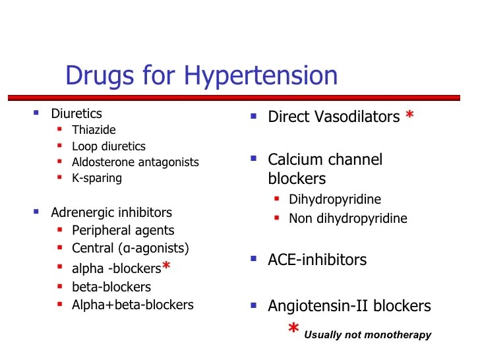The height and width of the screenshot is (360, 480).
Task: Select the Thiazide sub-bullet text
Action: tap(94, 130)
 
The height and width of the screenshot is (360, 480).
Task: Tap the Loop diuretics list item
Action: tap(109, 146)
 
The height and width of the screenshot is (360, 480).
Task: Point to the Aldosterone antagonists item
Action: tap(135, 162)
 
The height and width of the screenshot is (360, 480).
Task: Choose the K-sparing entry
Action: tap(97, 178)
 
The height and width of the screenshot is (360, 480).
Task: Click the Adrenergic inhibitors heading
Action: tap(111, 212)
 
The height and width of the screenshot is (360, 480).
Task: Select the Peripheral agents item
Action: tap(123, 230)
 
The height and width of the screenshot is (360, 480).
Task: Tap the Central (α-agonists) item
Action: tap(131, 249)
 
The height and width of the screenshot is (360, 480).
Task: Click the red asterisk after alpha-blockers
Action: tap(167, 266)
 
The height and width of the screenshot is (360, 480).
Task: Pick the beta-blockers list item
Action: tap(111, 287)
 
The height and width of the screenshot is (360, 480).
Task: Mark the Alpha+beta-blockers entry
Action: tap(133, 305)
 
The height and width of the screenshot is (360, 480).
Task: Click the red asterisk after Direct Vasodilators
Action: tap(410, 116)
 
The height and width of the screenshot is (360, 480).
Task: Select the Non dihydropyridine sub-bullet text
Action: tap(348, 218)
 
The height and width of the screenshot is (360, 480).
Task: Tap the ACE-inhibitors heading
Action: tap(317, 260)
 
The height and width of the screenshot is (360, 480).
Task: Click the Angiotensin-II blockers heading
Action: tap(349, 306)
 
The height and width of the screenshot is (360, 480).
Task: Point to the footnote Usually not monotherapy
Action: tap(367, 335)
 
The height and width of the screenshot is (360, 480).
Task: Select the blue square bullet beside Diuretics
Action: tap(37, 113)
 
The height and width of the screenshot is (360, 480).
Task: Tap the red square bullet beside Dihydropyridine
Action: tap(278, 198)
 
